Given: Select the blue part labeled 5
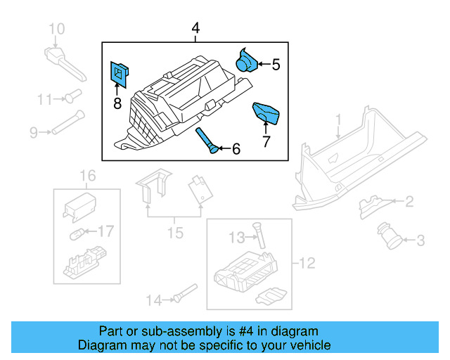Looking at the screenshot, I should click(247, 60).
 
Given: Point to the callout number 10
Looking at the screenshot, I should click(56, 29).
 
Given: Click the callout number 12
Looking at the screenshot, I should click(307, 264).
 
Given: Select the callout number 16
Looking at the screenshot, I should click(86, 175).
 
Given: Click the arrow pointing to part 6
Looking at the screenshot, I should click(224, 148).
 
